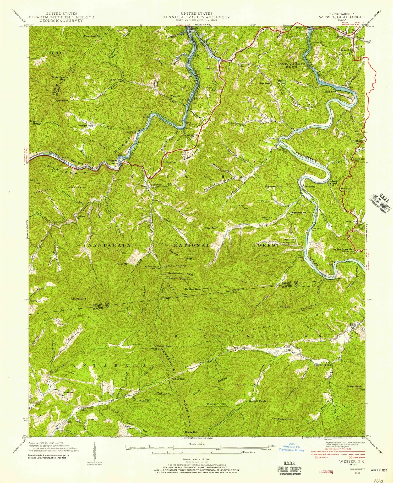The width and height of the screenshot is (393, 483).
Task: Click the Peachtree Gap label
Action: (x=92, y=36)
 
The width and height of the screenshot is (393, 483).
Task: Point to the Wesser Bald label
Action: (x=164, y=346)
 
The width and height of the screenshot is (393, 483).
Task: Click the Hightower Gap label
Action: (x=273, y=186)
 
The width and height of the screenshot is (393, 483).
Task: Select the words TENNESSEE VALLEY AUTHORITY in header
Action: (x=196, y=17)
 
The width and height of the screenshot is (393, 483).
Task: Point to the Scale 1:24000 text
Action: (x=196, y=444)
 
